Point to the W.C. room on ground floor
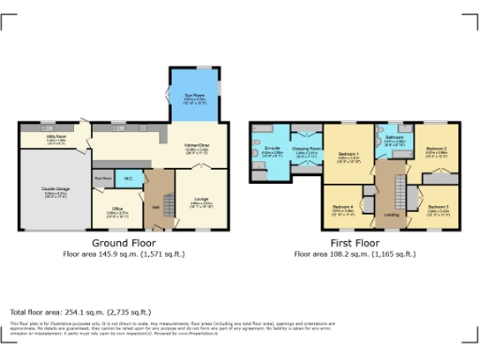point(127,177)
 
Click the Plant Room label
point(102,177)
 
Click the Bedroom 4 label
point(342,208)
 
